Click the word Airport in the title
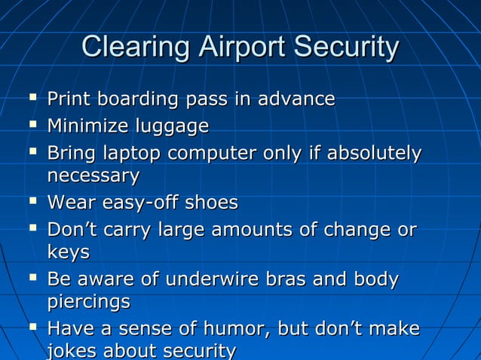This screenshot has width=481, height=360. [x=240, y=48]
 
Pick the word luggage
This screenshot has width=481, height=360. [x=173, y=127]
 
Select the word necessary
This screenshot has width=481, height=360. [x=93, y=177]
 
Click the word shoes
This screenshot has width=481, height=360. [x=211, y=203]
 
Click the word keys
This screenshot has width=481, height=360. [x=69, y=252]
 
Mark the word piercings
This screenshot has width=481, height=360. [x=88, y=303]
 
